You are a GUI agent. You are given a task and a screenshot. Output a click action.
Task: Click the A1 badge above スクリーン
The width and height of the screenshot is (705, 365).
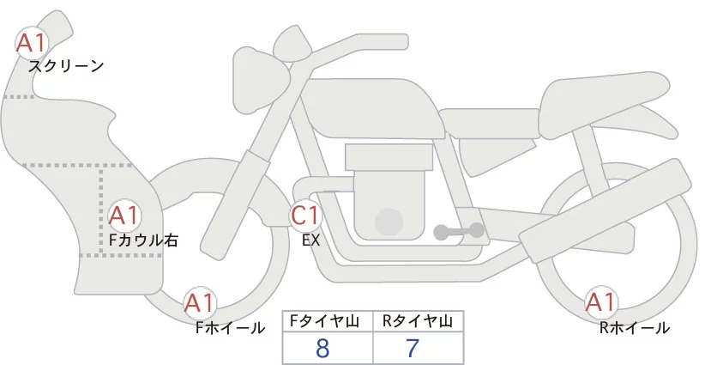[x=31, y=44]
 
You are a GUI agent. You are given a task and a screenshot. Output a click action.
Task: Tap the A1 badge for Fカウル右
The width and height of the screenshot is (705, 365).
[x=124, y=216]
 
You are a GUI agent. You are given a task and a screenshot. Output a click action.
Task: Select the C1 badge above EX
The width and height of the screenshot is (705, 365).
[x=305, y=216]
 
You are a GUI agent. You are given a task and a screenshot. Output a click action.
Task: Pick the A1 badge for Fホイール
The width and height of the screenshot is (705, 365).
[x=199, y=303]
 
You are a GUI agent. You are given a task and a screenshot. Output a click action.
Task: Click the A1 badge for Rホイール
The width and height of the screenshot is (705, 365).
[x=600, y=302]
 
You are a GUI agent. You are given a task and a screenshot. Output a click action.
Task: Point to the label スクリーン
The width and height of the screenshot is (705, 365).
[x=66, y=66]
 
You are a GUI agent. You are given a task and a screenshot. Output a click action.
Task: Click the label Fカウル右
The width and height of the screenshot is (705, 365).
[x=143, y=240]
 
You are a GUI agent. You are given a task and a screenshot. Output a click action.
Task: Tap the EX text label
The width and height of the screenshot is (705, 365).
[x=310, y=240]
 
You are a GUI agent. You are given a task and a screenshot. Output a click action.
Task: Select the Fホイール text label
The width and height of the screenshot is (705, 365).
[x=230, y=328]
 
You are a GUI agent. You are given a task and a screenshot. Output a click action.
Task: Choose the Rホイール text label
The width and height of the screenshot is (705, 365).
[x=635, y=328]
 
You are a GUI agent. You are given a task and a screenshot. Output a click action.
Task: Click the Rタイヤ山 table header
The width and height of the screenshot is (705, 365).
[x=418, y=321]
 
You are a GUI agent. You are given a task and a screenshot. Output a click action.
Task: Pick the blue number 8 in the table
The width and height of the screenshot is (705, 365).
[x=322, y=348]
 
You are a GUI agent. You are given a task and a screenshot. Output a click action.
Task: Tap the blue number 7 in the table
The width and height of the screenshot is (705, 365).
[x=413, y=348]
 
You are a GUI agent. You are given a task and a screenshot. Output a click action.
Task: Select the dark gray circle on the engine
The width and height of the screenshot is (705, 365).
[x=389, y=222]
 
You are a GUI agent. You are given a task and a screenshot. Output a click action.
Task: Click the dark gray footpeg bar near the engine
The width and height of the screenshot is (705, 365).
[x=459, y=231]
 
